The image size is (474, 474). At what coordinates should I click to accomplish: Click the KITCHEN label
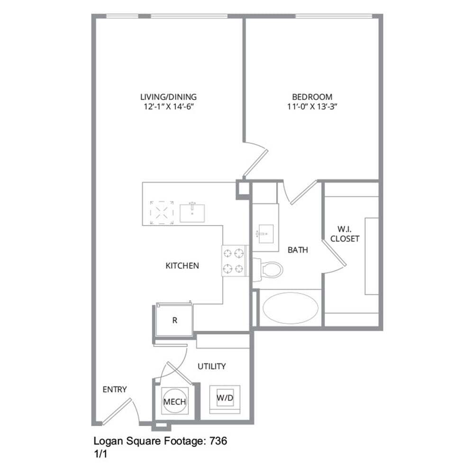point(182,265)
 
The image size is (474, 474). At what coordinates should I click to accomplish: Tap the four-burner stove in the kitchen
point(235,260)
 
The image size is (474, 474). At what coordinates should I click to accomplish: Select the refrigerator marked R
point(174,320)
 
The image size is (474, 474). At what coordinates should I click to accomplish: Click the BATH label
point(298,250)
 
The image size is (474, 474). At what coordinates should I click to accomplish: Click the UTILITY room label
point(211,366)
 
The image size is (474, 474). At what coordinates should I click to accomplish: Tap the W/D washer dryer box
point(225,398)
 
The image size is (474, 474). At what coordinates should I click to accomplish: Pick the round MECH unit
point(174,401)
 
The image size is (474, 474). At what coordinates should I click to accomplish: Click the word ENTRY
point(115,390)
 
